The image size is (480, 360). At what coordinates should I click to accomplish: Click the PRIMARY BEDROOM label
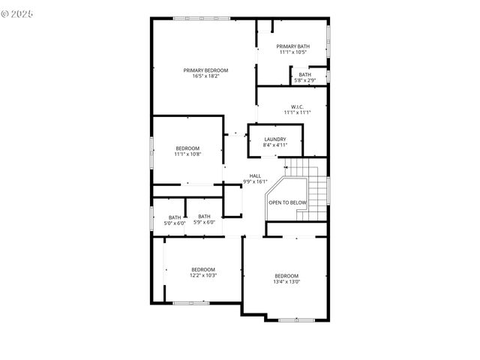pos(205,70)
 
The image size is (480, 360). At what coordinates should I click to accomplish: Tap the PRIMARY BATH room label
pos(292,46)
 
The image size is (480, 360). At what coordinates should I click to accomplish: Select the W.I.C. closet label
pos(296,106)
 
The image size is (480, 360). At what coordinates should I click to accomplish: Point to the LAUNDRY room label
pos(275,139)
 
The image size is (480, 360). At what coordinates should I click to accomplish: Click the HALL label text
pos(256,175)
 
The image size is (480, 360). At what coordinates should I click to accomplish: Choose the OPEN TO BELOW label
pos(288,202)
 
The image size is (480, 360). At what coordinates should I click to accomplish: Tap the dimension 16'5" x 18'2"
pos(205,76)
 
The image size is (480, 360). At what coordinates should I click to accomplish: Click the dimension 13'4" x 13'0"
pos(286,282)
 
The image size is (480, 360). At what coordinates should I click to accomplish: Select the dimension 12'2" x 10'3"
pos(203,275)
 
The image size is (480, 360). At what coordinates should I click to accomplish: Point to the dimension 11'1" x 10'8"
pos(187,154)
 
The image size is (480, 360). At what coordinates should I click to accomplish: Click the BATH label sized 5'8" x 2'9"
pos(304,74)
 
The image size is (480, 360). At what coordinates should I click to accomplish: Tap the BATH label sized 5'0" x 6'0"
pos(175,217)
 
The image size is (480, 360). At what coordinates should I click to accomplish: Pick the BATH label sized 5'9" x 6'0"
pos(205,217)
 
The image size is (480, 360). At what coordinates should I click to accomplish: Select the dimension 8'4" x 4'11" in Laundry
pos(275,145)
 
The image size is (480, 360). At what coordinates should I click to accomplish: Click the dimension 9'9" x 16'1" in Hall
pos(256,181)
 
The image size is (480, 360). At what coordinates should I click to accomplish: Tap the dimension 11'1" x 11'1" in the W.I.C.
pos(296,112)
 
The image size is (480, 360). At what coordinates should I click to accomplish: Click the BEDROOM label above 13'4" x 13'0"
pos(286,276)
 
